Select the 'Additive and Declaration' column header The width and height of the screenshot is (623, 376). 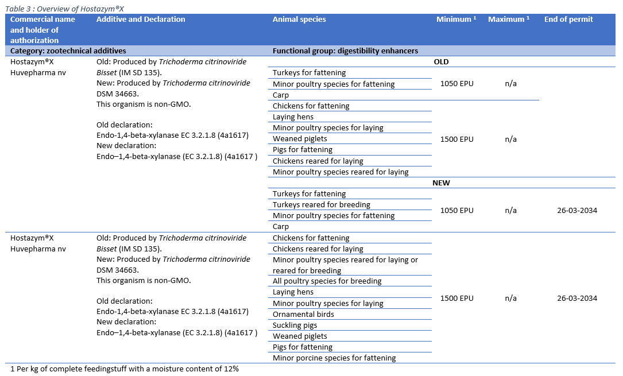[141, 20]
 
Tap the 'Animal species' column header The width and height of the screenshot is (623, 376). [299, 20]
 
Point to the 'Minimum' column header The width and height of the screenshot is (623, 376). [456, 20]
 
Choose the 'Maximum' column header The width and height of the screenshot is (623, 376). [508, 20]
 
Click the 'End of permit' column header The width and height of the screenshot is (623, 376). [568, 20]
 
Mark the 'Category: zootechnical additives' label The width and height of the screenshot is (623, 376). [68, 51]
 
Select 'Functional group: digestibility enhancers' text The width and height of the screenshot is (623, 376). [345, 51]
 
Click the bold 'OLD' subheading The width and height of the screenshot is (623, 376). [441, 62]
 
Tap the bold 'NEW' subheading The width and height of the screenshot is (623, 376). [441, 183]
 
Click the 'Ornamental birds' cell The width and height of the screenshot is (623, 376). [303, 315]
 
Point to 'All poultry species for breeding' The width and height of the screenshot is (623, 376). [327, 281]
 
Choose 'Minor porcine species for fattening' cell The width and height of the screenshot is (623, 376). [334, 358]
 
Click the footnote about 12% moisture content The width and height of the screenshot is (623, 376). [124, 369]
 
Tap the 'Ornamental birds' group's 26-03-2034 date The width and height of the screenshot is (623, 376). [576, 299]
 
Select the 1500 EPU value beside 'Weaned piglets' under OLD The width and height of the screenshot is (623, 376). [457, 139]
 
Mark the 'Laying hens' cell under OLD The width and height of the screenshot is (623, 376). [293, 117]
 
